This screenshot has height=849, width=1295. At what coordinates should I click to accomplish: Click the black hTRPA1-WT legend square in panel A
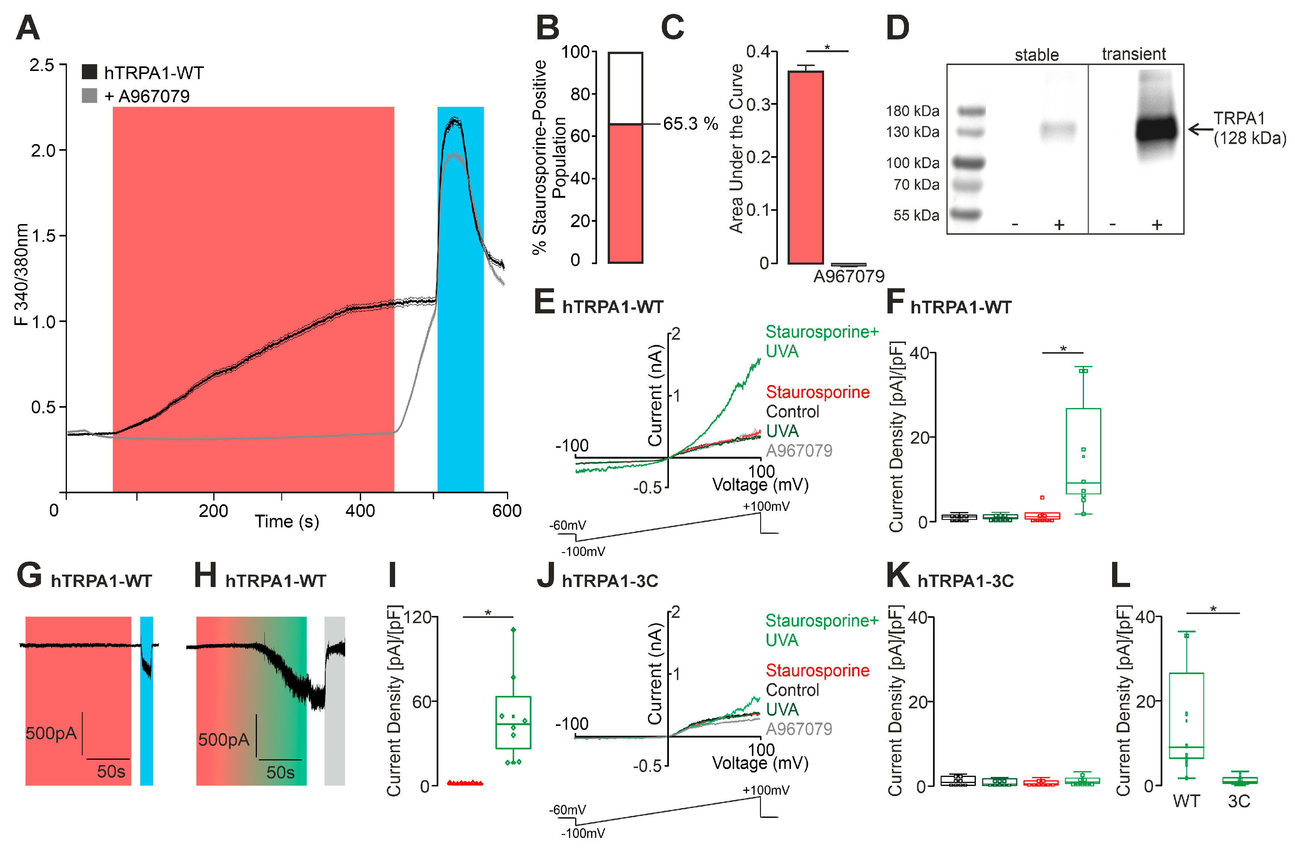click(x=89, y=72)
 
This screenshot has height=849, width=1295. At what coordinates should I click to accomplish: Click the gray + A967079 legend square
click(x=89, y=96)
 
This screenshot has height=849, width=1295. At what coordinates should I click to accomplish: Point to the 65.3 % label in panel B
click(x=690, y=123)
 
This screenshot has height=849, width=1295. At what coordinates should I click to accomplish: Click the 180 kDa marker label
click(x=913, y=111)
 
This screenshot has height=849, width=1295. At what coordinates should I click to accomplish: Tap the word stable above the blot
click(x=1037, y=54)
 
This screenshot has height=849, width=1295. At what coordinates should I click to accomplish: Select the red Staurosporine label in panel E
click(x=817, y=392)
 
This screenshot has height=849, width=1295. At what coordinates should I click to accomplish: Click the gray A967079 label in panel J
click(x=799, y=729)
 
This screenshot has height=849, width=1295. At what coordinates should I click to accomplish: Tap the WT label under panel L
click(x=1186, y=801)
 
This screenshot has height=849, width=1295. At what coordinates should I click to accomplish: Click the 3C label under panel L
click(x=1239, y=801)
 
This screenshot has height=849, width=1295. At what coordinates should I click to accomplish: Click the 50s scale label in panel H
click(x=280, y=772)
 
